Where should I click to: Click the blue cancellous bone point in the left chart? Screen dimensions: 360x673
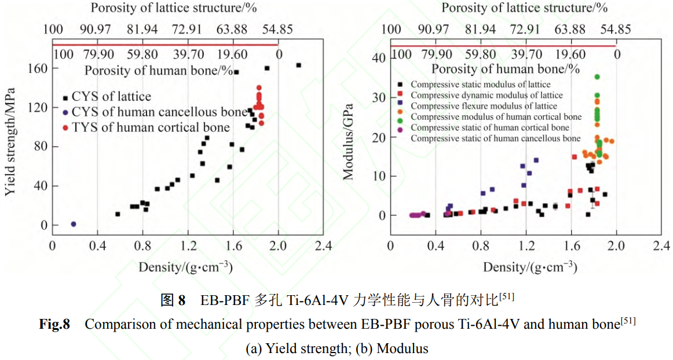[x=74, y=224]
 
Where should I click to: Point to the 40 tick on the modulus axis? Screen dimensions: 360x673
[x=379, y=58]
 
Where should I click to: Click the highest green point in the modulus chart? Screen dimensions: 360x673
[x=597, y=77]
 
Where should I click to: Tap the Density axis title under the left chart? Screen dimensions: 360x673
[x=185, y=267]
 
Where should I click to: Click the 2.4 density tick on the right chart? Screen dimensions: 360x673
[x=661, y=245]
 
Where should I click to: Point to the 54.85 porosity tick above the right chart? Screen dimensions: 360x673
[x=615, y=30]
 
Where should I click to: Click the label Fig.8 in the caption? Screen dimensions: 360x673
[x=54, y=324]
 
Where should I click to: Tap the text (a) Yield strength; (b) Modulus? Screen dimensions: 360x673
[x=336, y=348]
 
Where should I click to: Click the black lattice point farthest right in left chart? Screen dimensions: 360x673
[x=299, y=65]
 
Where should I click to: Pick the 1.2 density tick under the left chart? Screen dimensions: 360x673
[x=188, y=245]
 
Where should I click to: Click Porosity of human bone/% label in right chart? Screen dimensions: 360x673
[x=505, y=69]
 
